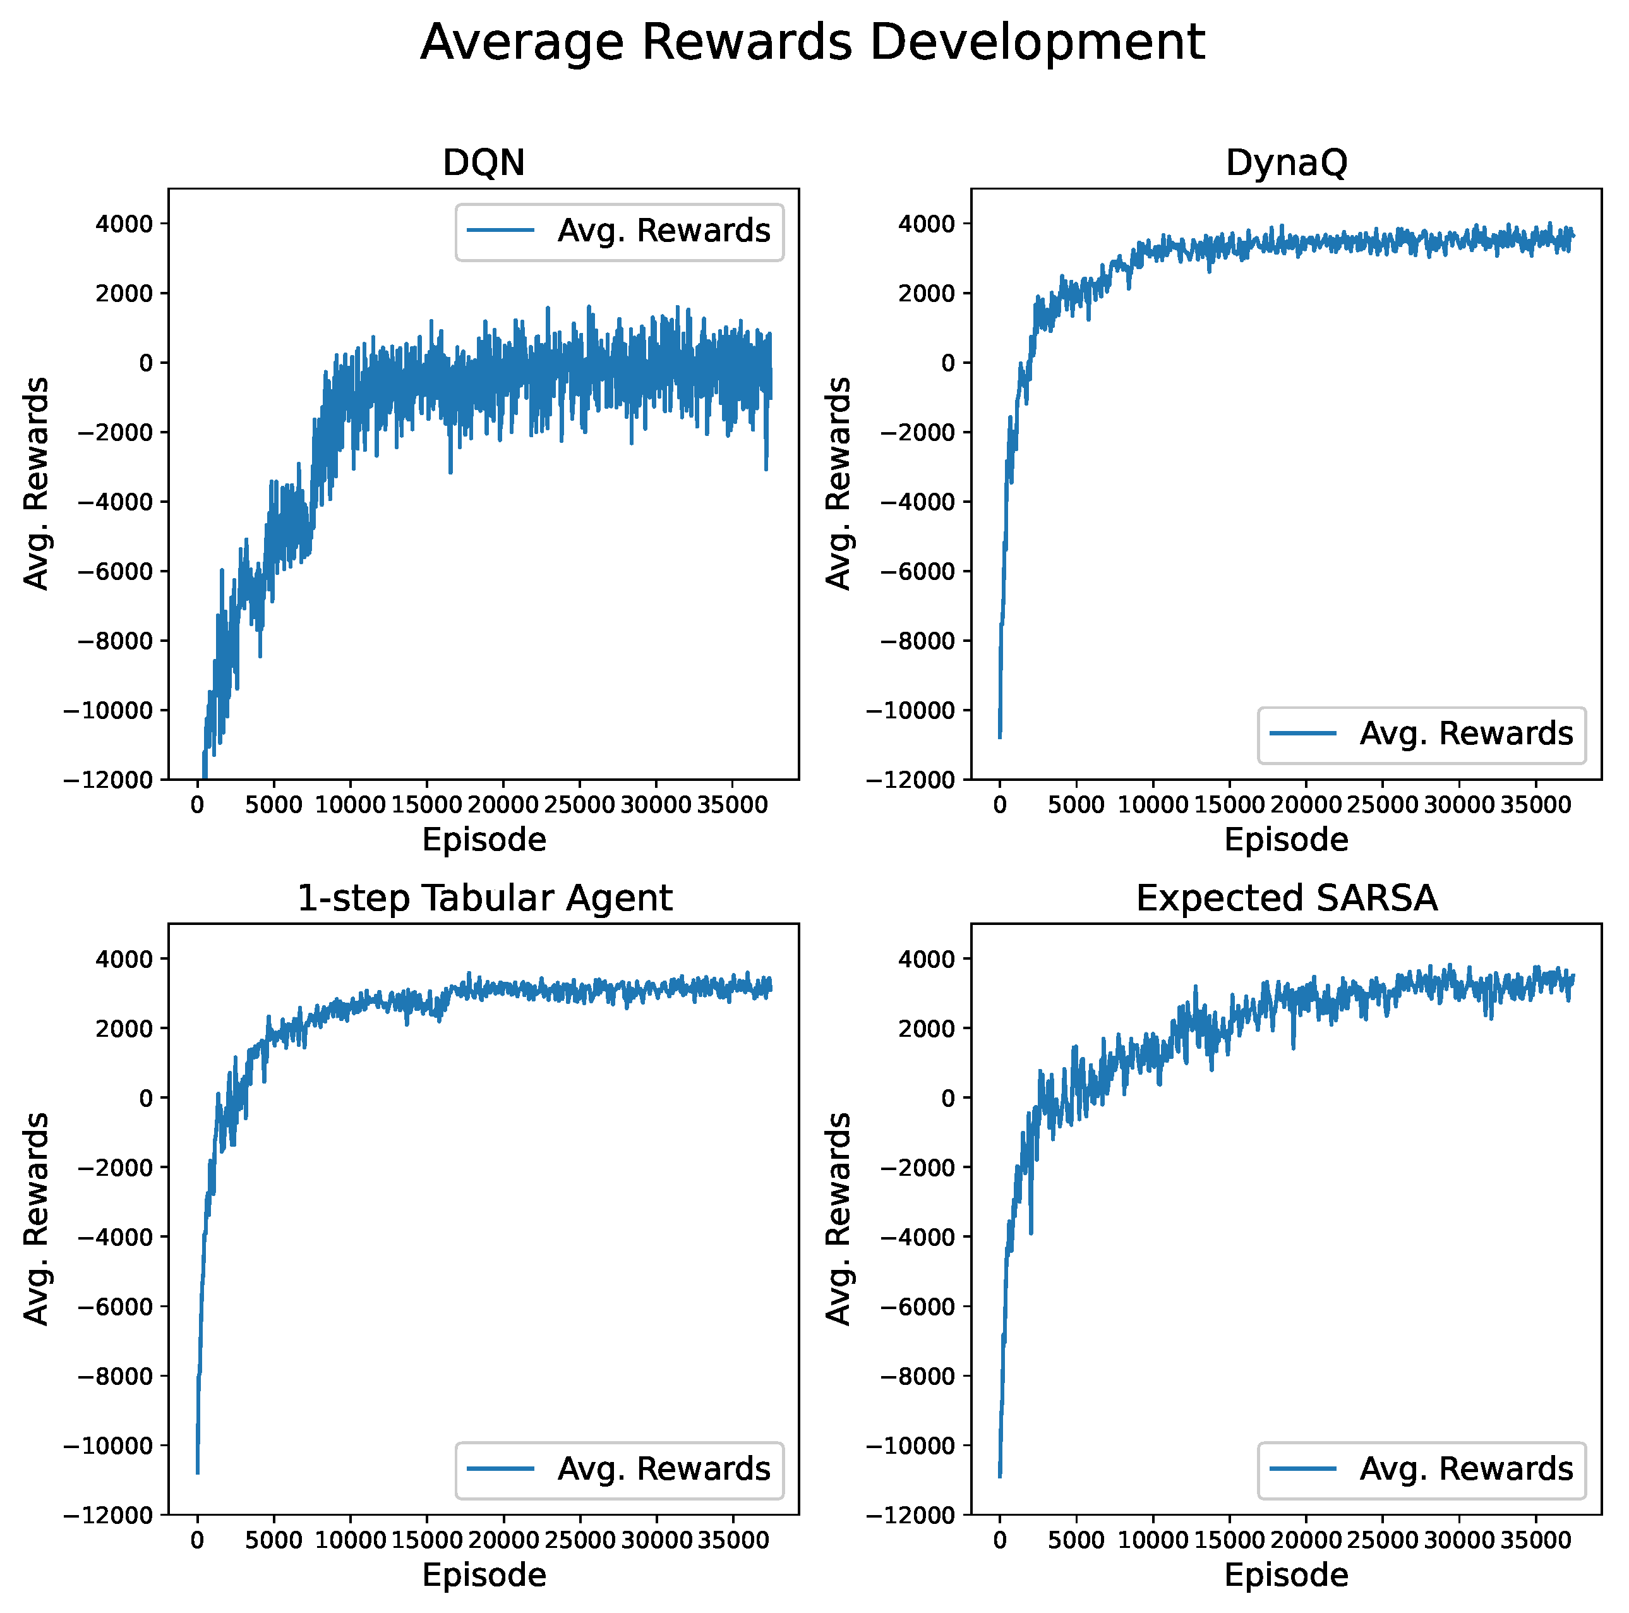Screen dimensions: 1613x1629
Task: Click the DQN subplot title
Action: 483,163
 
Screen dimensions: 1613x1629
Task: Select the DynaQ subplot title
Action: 1286,163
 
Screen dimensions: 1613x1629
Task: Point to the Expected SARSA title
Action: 1287,898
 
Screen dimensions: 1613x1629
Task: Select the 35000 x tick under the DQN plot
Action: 733,805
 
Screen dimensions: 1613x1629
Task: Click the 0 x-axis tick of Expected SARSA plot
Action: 999,1540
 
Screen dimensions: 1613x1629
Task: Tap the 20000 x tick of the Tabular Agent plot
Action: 503,1540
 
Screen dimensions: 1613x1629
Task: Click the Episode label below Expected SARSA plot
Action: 1286,1575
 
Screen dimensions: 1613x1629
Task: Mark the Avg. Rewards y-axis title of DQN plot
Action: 35,483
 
